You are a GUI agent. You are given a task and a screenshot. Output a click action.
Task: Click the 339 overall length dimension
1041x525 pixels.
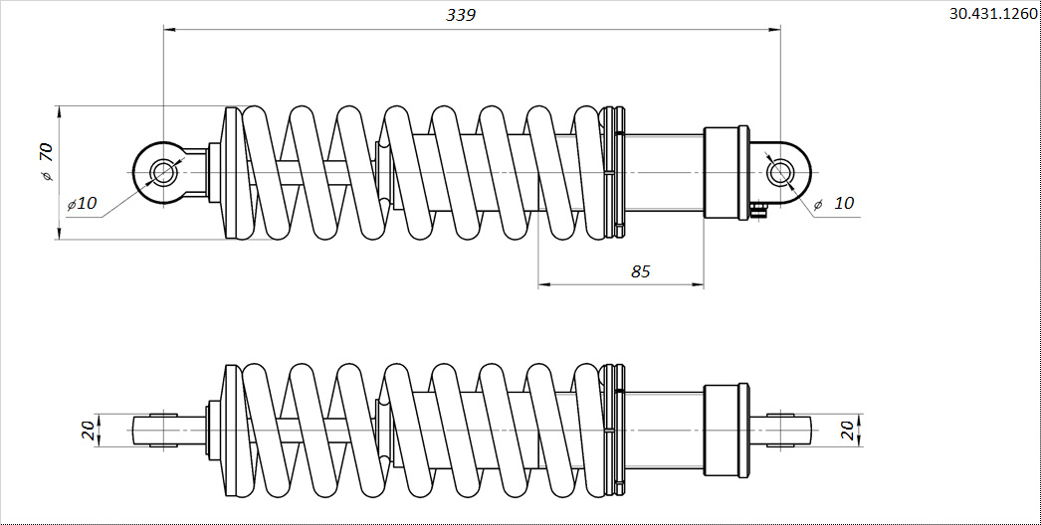tap(461, 15)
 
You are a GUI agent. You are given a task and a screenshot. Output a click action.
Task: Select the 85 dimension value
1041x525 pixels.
tap(641, 271)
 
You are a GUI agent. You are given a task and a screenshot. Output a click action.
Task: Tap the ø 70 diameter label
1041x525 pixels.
tap(46, 163)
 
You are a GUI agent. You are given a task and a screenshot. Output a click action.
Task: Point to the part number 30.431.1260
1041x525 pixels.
tap(992, 15)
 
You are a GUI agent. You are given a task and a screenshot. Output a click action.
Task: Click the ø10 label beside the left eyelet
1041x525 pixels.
tap(82, 204)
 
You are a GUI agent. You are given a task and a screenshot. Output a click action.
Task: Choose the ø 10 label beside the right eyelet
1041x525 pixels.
tap(834, 203)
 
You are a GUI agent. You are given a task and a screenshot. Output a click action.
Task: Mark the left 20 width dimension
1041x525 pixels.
tap(88, 431)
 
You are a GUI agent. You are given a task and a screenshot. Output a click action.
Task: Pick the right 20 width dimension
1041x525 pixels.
tap(847, 431)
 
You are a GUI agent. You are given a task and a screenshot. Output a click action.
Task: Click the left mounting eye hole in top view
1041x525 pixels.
tap(162, 173)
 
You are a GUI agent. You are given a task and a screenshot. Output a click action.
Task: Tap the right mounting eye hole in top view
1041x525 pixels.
tap(779, 173)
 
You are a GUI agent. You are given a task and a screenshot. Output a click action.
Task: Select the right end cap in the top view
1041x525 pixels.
tap(727, 173)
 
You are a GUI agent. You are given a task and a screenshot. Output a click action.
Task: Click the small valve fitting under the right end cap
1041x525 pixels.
tap(759, 210)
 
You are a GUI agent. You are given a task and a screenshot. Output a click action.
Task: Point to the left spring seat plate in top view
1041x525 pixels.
tap(235, 173)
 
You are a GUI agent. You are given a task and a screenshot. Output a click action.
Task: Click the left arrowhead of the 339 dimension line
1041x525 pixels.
tap(169, 29)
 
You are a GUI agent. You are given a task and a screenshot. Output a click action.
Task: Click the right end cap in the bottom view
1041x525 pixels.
tap(727, 431)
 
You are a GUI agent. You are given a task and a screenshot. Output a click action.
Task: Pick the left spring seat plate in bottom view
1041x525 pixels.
tap(235, 431)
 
